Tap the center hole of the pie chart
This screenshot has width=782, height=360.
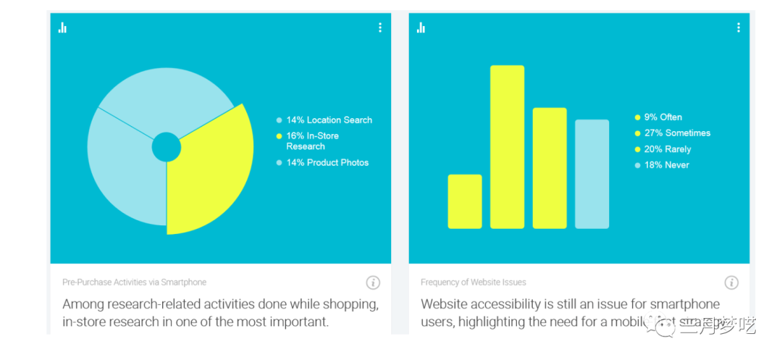click(x=166, y=148)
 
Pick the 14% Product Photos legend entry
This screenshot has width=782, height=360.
click(x=327, y=163)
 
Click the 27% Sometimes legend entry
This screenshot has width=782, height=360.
click(x=676, y=133)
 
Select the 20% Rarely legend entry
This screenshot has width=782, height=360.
click(x=667, y=149)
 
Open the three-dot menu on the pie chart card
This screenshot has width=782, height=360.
click(x=380, y=28)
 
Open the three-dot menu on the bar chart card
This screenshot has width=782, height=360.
click(x=739, y=28)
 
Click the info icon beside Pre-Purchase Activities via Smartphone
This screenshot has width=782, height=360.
click(x=373, y=282)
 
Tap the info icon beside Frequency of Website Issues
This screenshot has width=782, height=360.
click(x=731, y=282)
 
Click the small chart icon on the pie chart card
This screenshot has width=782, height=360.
click(x=63, y=28)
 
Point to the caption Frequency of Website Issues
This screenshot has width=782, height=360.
click(x=474, y=282)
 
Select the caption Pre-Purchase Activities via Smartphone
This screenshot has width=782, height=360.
click(x=134, y=282)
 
